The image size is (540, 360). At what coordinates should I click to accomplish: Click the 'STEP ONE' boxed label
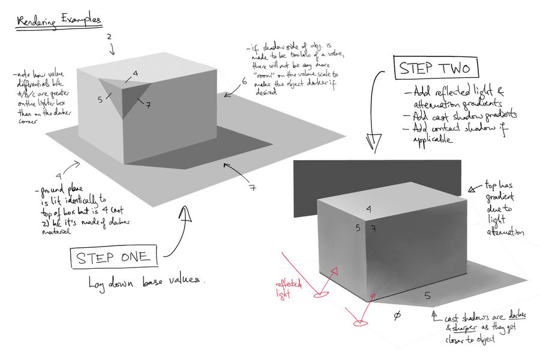115,257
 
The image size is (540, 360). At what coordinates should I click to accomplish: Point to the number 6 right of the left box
244,82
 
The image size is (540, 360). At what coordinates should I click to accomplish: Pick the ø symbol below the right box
397,316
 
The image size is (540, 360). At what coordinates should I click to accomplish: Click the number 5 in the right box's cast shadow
427,295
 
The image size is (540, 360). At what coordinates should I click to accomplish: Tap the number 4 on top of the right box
368,209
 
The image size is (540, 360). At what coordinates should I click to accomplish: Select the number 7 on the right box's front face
373,229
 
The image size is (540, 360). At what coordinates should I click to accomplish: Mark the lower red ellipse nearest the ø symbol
359,323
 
